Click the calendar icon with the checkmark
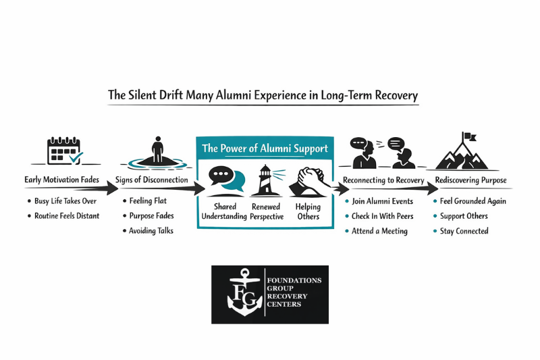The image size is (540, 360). pos(64,151)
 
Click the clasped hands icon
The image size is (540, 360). pos(307,180)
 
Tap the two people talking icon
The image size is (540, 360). pos(382,153)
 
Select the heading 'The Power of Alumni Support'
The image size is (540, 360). pos(265,149)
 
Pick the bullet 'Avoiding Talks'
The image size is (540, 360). pos(151,231)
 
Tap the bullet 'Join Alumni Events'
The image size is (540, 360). pos(382,201)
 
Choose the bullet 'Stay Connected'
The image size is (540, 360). pos(464,231)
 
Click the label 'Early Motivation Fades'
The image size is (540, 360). pos(61,180)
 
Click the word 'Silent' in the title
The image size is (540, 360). pos(145,95)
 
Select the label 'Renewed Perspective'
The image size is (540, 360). pos(265,211)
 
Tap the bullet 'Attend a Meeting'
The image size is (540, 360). pos(379,231)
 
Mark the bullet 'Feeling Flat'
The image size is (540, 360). pos(148,201)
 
